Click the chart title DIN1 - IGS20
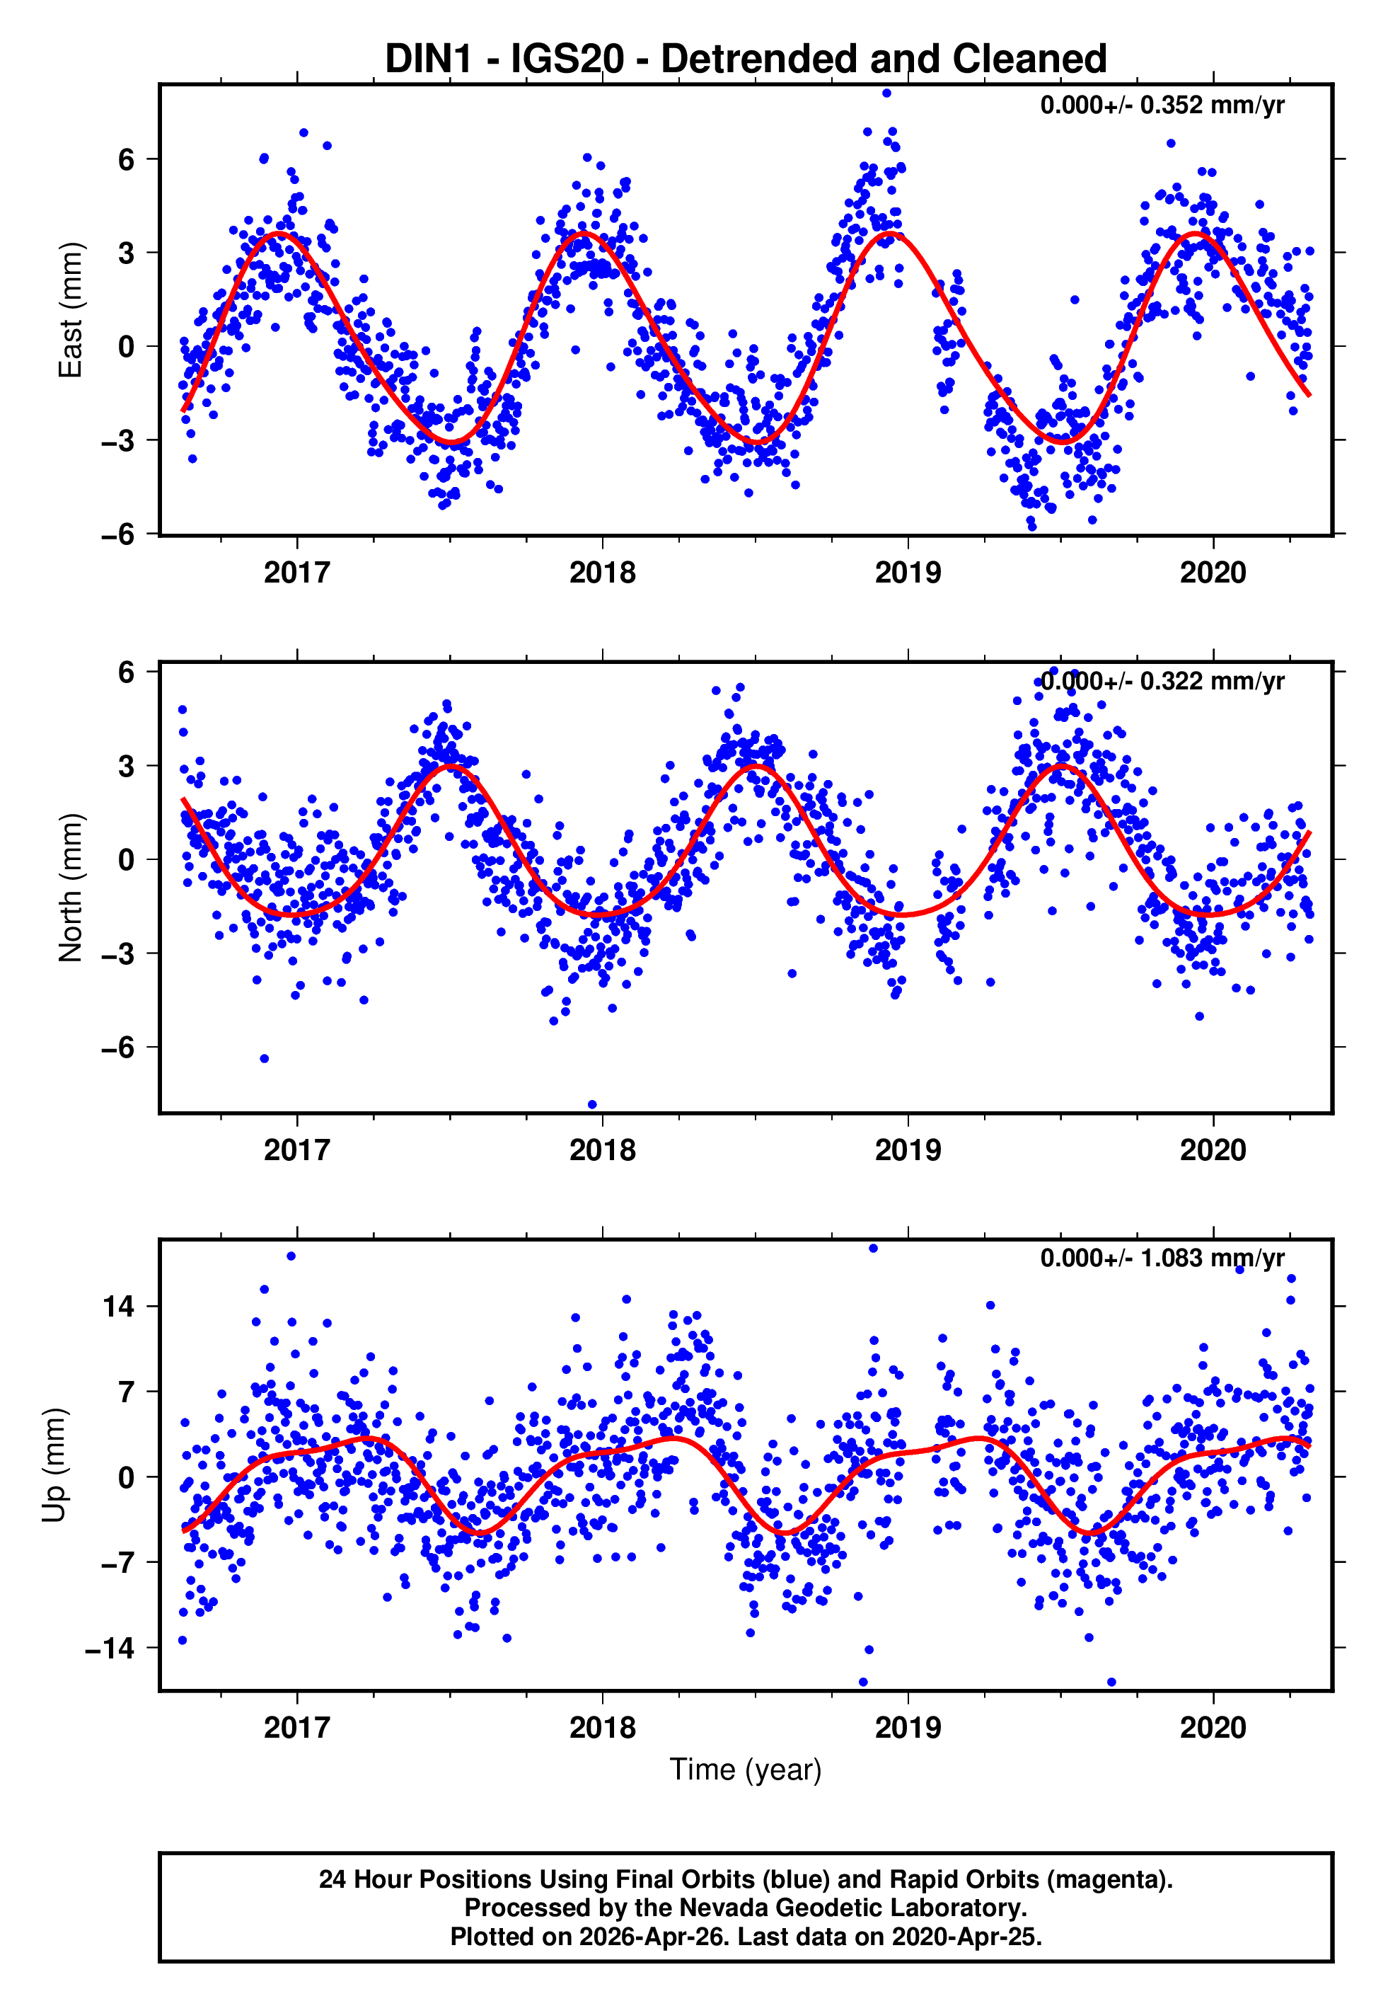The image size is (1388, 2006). pos(746,59)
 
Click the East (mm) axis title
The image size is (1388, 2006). pos(71,310)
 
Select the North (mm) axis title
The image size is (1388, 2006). pos(71,888)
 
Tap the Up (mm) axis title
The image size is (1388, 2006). pos(54,1464)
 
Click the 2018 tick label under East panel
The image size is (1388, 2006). pos(602,573)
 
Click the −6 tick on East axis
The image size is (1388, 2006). pos(117,534)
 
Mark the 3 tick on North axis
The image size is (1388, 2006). pos(126,765)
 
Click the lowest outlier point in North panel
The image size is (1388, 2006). pos(592,1105)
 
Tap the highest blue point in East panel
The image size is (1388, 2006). pos(886,93)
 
